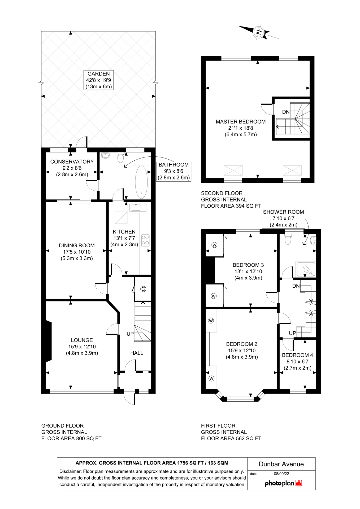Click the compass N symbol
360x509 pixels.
(258, 32)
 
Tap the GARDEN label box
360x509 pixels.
(98, 80)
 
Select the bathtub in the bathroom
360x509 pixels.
(141, 182)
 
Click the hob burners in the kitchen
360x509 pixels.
(145, 240)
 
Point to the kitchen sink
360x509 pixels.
(137, 208)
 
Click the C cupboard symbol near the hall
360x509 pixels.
(143, 289)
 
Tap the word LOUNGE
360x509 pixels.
(82, 340)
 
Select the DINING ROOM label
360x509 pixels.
(77, 245)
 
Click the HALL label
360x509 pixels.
(137, 353)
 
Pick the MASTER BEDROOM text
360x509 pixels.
(241, 122)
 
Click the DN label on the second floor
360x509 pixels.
(286, 112)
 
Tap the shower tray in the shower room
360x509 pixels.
(306, 269)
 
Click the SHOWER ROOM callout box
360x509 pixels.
(283, 218)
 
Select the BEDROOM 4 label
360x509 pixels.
(297, 355)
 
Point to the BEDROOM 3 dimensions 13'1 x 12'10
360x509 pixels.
(248, 271)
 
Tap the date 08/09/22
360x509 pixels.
(281, 473)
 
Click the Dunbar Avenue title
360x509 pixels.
(281, 464)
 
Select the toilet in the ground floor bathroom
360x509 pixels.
(121, 158)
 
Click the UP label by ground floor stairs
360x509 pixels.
(130, 334)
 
